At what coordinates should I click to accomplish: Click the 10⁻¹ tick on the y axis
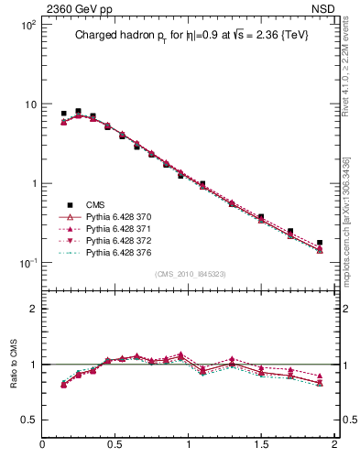pos(28,263)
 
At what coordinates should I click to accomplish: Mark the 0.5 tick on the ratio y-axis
pos(28,420)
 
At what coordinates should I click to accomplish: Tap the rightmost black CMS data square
pos(320,243)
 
